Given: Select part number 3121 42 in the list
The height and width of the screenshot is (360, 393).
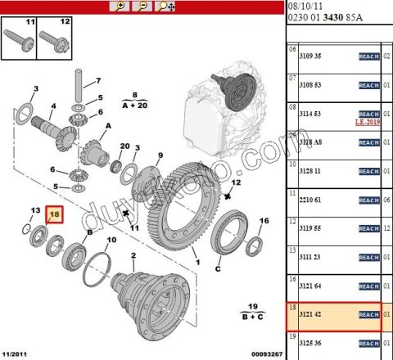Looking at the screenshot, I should tap(314, 314).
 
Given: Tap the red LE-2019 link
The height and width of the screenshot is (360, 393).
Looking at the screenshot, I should tap(368, 122).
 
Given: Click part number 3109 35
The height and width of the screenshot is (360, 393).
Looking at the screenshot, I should tap(314, 56).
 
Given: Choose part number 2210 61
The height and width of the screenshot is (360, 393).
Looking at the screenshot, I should tap(314, 200).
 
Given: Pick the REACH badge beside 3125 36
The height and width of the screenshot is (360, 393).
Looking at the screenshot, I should tap(368, 343).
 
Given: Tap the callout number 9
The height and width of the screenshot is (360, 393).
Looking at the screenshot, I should tap(160, 155).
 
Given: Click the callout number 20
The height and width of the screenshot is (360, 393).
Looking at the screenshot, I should tap(125, 147).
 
